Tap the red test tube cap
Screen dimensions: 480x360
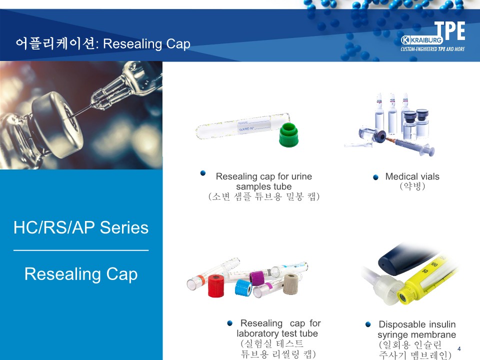pyautogui.click(x=216, y=285)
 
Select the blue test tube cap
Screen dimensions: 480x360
pyautogui.click(x=243, y=288)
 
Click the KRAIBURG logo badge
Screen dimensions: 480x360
pyautogui.click(x=422, y=40)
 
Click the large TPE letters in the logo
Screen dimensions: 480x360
pyautogui.click(x=449, y=30)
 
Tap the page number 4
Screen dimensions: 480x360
pyautogui.click(x=459, y=348)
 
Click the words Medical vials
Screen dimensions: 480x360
pyautogui.click(x=412, y=176)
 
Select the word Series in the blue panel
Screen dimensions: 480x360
pyautogui.click(x=124, y=228)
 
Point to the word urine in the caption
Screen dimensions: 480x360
pyautogui.click(x=301, y=176)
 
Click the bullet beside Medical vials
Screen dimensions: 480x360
pyautogui.click(x=375, y=177)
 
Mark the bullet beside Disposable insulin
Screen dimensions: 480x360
pyautogui.click(x=368, y=324)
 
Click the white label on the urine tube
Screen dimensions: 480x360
pyautogui.click(x=254, y=126)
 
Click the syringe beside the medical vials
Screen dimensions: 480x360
pyautogui.click(x=410, y=145)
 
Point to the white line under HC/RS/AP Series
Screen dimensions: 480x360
pyautogui.click(x=81, y=250)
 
